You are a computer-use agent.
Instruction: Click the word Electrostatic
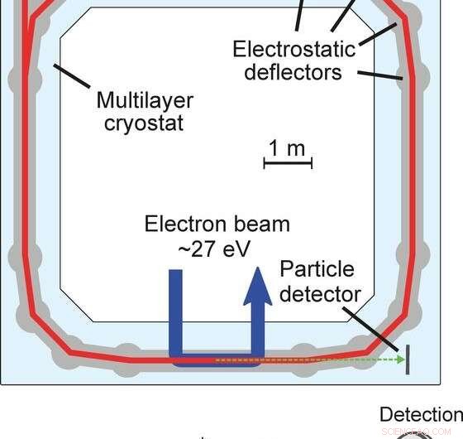pos(294,49)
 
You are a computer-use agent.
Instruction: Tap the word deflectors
pos(294,72)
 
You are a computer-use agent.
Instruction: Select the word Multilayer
pos(145,101)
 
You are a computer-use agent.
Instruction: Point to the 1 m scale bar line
pos(287,164)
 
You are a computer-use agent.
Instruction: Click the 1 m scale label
pos(287,149)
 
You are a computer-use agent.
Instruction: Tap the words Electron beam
pos(217,224)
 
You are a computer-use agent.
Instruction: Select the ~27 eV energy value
pos(217,248)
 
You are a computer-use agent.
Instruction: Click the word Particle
pos(317,269)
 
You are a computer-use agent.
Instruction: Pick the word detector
pos(319,293)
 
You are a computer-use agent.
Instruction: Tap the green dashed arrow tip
pos(401,359)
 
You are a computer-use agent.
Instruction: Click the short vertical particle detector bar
pos(408,358)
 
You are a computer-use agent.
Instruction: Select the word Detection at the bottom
pos(421,414)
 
